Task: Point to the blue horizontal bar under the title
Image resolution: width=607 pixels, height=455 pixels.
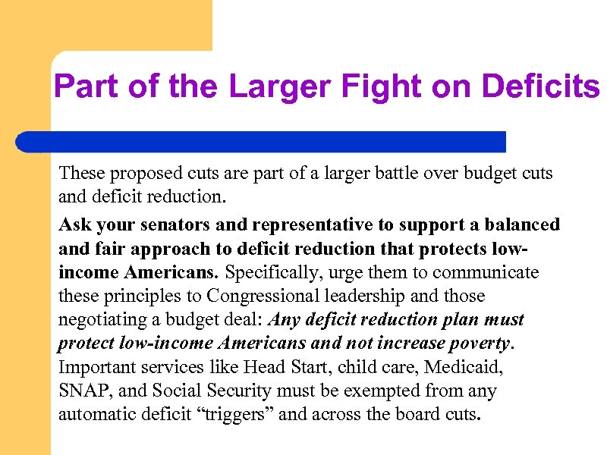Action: pos(262,141)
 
